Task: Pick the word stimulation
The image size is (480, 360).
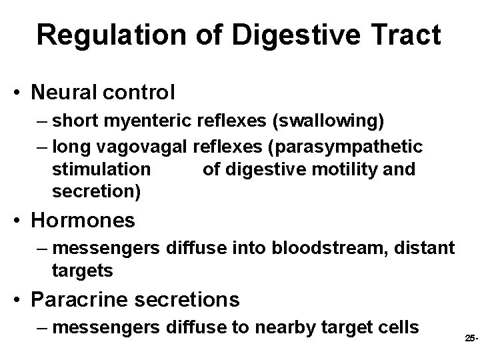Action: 101,169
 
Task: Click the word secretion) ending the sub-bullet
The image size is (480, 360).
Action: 96,192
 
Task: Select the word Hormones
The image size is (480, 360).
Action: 83,220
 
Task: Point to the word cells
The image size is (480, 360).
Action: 397,328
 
